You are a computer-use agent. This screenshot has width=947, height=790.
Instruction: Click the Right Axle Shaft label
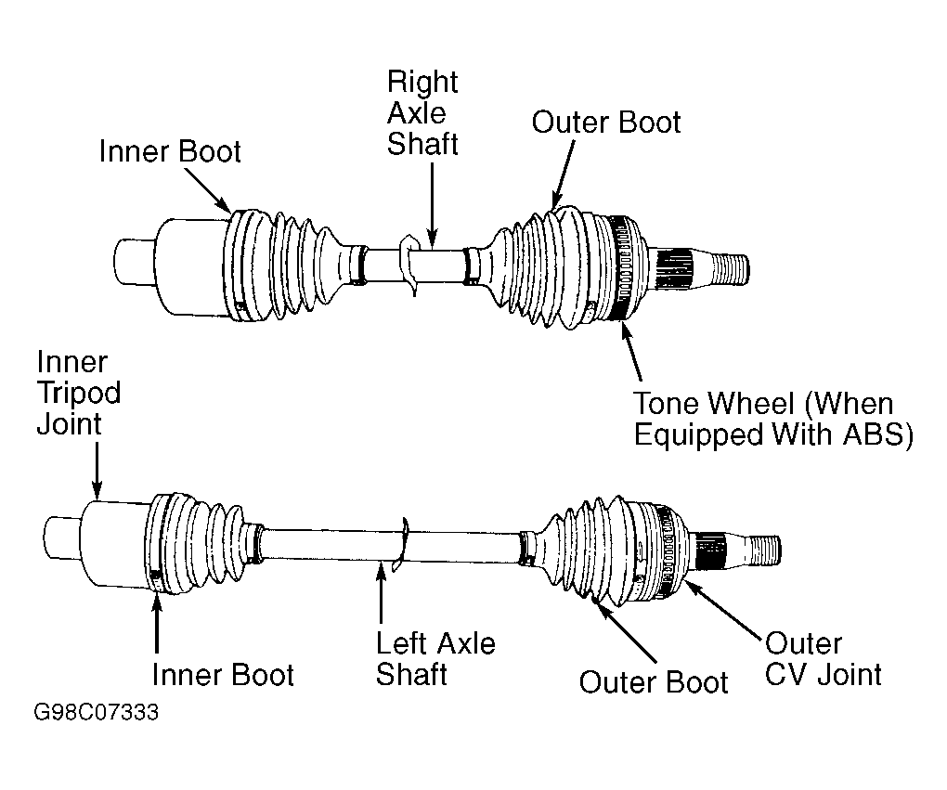click(422, 113)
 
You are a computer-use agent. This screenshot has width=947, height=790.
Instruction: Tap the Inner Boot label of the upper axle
click(170, 151)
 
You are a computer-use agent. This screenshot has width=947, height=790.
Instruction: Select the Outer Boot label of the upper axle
click(605, 122)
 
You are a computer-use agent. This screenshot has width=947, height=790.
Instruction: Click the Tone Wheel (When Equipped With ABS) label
click(773, 419)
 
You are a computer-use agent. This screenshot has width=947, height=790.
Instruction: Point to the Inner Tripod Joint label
click(79, 393)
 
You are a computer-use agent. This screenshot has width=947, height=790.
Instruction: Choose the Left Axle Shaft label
click(435, 658)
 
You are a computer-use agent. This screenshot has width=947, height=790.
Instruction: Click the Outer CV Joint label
click(824, 659)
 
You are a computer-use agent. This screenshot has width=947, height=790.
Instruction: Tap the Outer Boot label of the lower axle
click(654, 682)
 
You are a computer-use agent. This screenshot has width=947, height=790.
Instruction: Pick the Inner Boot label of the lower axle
click(223, 675)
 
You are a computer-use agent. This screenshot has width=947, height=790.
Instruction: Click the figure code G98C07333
click(96, 712)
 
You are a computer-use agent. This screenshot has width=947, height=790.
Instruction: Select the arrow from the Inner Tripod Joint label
click(97, 470)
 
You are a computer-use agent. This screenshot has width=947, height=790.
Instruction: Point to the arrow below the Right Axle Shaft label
click(432, 205)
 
